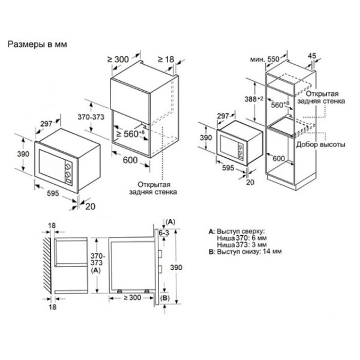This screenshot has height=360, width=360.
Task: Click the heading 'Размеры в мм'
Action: (37, 44)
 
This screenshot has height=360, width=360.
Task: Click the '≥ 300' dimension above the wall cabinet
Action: (118, 59)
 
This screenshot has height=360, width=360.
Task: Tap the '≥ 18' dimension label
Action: (166, 59)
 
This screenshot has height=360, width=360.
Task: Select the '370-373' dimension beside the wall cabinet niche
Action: (91, 117)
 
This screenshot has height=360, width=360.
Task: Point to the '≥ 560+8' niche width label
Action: (130, 133)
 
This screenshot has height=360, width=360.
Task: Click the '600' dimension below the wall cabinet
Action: (130, 160)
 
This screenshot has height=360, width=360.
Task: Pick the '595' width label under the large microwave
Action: (53, 193)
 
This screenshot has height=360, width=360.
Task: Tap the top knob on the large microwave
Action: (68, 166)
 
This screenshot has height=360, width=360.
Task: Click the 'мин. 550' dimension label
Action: (265, 59)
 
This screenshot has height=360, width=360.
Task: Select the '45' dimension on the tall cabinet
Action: (312, 56)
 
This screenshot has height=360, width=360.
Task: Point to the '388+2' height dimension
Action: (253, 99)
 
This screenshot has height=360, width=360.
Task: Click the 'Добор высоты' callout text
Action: (320, 145)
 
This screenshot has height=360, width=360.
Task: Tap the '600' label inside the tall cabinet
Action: (278, 158)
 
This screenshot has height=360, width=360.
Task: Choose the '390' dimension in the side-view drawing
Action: (176, 267)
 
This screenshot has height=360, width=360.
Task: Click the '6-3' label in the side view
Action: (164, 233)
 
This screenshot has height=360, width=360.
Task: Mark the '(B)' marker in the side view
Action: (164, 298)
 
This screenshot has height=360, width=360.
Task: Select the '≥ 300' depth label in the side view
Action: (133, 298)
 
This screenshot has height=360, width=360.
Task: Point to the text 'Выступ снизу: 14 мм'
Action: (250, 251)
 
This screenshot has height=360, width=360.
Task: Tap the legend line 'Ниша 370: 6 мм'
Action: (242, 238)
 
